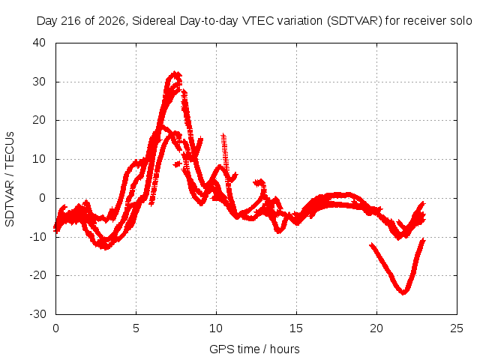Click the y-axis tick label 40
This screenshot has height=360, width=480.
(39, 43)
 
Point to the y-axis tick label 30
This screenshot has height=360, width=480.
(39, 82)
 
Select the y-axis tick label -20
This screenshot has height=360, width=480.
(37, 275)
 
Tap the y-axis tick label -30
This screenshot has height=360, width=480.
(37, 314)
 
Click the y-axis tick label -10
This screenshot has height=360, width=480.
(37, 237)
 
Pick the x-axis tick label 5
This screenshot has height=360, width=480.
(136, 328)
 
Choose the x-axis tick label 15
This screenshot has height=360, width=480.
(296, 328)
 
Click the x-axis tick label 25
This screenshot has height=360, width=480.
(457, 328)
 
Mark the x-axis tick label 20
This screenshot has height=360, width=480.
(376, 328)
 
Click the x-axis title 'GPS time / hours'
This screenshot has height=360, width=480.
(254, 349)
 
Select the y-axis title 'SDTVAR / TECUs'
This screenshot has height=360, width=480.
(10, 179)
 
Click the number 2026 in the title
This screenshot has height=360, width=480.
(112, 21)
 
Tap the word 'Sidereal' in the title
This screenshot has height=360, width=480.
(154, 21)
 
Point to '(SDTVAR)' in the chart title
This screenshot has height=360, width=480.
(355, 21)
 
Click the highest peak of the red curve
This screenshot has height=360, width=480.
(175, 73)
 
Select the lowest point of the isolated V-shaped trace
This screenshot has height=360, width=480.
(403, 292)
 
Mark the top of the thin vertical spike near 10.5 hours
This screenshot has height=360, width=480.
(223, 135)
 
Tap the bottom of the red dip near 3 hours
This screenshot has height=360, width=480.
(105, 247)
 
